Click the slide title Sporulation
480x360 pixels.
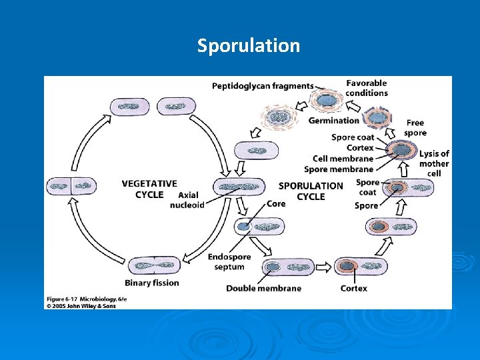pos(248,46)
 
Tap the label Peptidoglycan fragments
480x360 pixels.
pos(262,86)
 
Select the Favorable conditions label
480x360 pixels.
pos(366,88)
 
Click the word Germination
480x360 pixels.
pos(333,121)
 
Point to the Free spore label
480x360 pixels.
pos(415,127)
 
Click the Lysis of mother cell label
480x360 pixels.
pos(434,163)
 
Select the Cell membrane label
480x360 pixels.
pos(343,159)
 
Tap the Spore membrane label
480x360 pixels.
pos(339,169)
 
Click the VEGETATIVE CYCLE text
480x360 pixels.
pos(149,189)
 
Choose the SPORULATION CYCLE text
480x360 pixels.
pos(311,191)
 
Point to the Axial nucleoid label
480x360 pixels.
pos(188,200)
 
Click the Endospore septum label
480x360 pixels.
pos(229,262)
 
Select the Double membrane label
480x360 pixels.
pos(263,288)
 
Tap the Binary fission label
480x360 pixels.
pos(152,283)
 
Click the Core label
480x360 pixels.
pos(276,204)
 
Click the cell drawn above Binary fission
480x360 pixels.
pos(152,265)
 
